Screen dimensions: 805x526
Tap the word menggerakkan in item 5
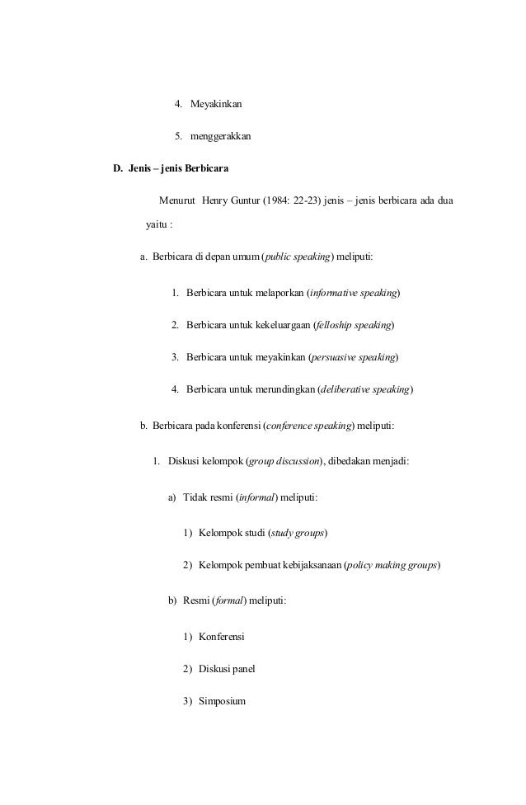[220, 135]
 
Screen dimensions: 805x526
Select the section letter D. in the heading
[119, 169]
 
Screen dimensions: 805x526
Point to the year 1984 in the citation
[277, 200]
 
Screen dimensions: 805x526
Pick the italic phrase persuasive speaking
[354, 357]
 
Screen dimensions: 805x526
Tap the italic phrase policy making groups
[392, 565]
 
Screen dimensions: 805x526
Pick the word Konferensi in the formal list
[223, 637]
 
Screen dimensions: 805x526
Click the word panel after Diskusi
[243, 669]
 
